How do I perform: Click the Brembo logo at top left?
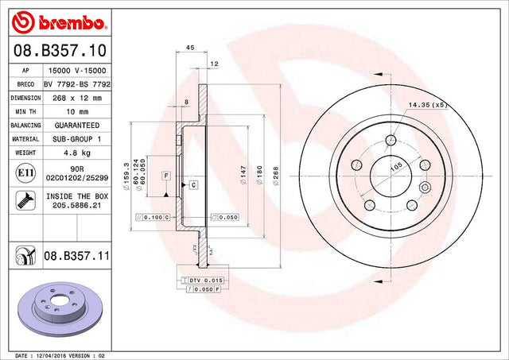[59, 22]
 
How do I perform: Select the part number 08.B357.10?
[60, 50]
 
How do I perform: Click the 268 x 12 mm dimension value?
[77, 98]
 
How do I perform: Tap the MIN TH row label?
[25, 111]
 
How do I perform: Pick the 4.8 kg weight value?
[77, 153]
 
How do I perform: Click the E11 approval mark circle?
[25, 173]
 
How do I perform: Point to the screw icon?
[25, 200]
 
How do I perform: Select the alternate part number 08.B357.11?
[76, 256]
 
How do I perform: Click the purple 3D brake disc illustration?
[60, 309]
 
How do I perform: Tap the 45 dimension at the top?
[190, 48]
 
